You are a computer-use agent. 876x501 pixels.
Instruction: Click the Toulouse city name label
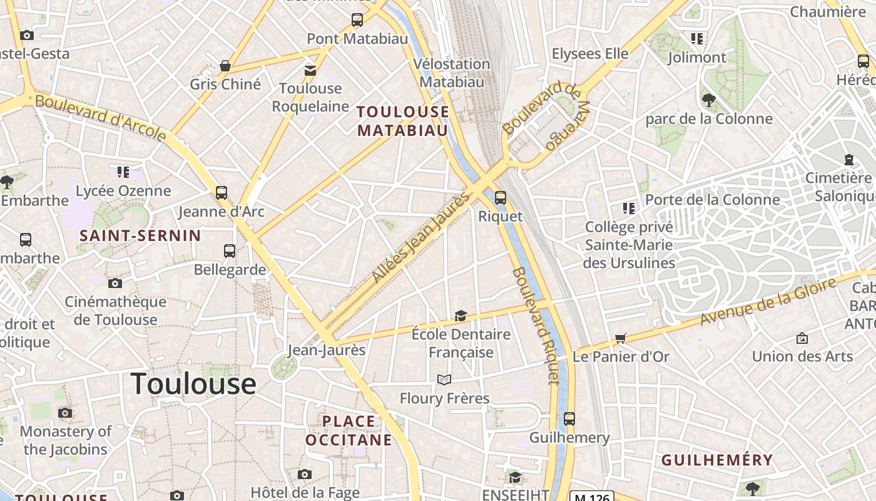coord(193,383)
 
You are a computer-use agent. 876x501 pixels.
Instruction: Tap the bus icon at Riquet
coord(500,198)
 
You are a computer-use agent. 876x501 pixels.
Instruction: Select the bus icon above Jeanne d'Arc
coord(222,192)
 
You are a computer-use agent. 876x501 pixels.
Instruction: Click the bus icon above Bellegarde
coord(230,251)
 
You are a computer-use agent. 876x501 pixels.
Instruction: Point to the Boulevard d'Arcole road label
coord(100,117)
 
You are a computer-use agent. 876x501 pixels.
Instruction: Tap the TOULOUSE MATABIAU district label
coord(402,121)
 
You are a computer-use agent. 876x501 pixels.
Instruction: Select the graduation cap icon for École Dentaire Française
coord(461,316)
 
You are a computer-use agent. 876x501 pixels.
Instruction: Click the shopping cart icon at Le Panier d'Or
coord(620,338)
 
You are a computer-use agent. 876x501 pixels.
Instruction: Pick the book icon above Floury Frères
coord(444,380)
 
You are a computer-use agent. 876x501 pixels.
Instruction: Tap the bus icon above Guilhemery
coord(569,418)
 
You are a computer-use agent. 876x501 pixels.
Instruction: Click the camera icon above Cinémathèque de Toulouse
coord(115,283)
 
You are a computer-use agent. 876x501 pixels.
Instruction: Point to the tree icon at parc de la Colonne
coord(708,100)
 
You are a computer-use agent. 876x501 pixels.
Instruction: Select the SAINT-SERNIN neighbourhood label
coord(141,236)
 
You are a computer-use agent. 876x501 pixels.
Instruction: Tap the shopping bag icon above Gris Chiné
coord(225,66)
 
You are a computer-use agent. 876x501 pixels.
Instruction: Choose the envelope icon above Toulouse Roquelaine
coord(310,70)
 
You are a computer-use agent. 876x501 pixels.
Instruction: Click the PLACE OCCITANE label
coord(349,430)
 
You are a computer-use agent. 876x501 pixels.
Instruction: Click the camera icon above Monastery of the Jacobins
coord(65,413)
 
